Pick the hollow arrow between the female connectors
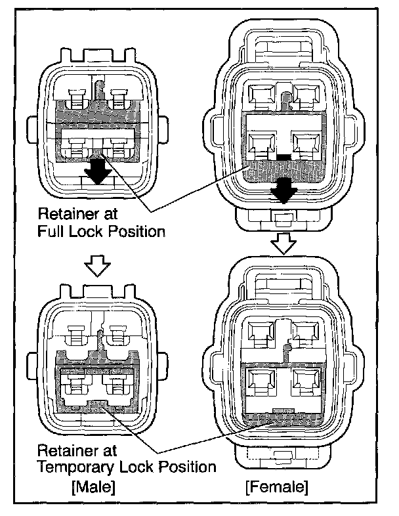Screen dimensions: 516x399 284,244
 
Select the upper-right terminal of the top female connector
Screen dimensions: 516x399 305,95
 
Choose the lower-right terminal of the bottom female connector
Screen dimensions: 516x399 306,381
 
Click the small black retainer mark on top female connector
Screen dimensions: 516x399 283,158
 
